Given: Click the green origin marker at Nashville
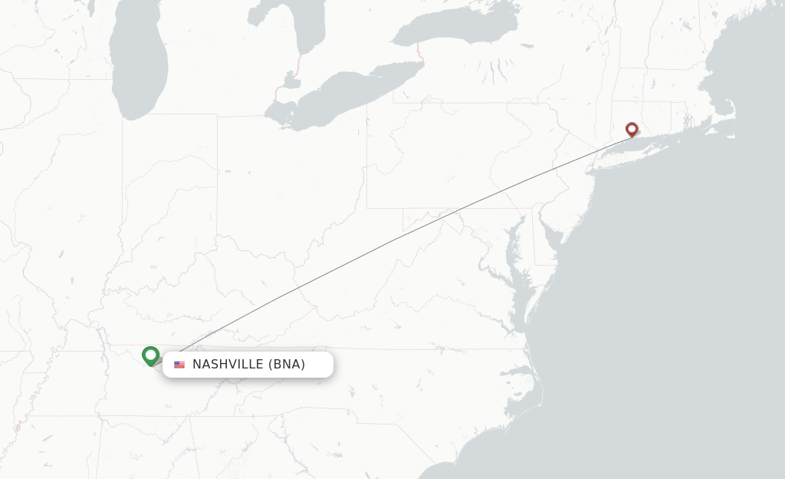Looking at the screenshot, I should (x=150, y=355).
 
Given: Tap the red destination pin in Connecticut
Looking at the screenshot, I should (x=632, y=130).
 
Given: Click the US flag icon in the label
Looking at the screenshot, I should (x=179, y=365).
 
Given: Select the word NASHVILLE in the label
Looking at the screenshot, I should (x=228, y=365).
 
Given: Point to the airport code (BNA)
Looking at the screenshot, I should (x=287, y=365).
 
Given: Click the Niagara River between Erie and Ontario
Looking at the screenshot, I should (x=421, y=55).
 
